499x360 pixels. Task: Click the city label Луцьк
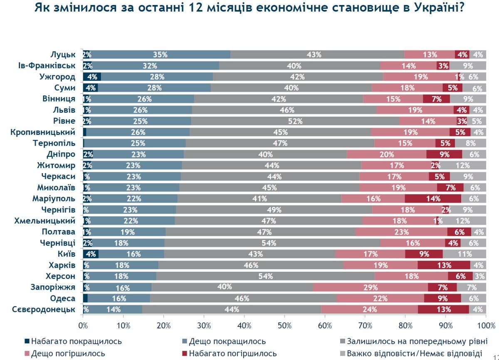63,55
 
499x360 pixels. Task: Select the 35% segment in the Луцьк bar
160,55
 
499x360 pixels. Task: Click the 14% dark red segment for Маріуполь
433,199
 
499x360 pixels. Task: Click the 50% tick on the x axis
284,325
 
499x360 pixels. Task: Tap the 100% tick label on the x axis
486,325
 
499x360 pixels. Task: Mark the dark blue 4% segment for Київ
91,254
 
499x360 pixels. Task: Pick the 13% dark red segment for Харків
444,265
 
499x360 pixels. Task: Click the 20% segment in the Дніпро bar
387,154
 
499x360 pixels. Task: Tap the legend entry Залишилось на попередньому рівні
417,342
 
